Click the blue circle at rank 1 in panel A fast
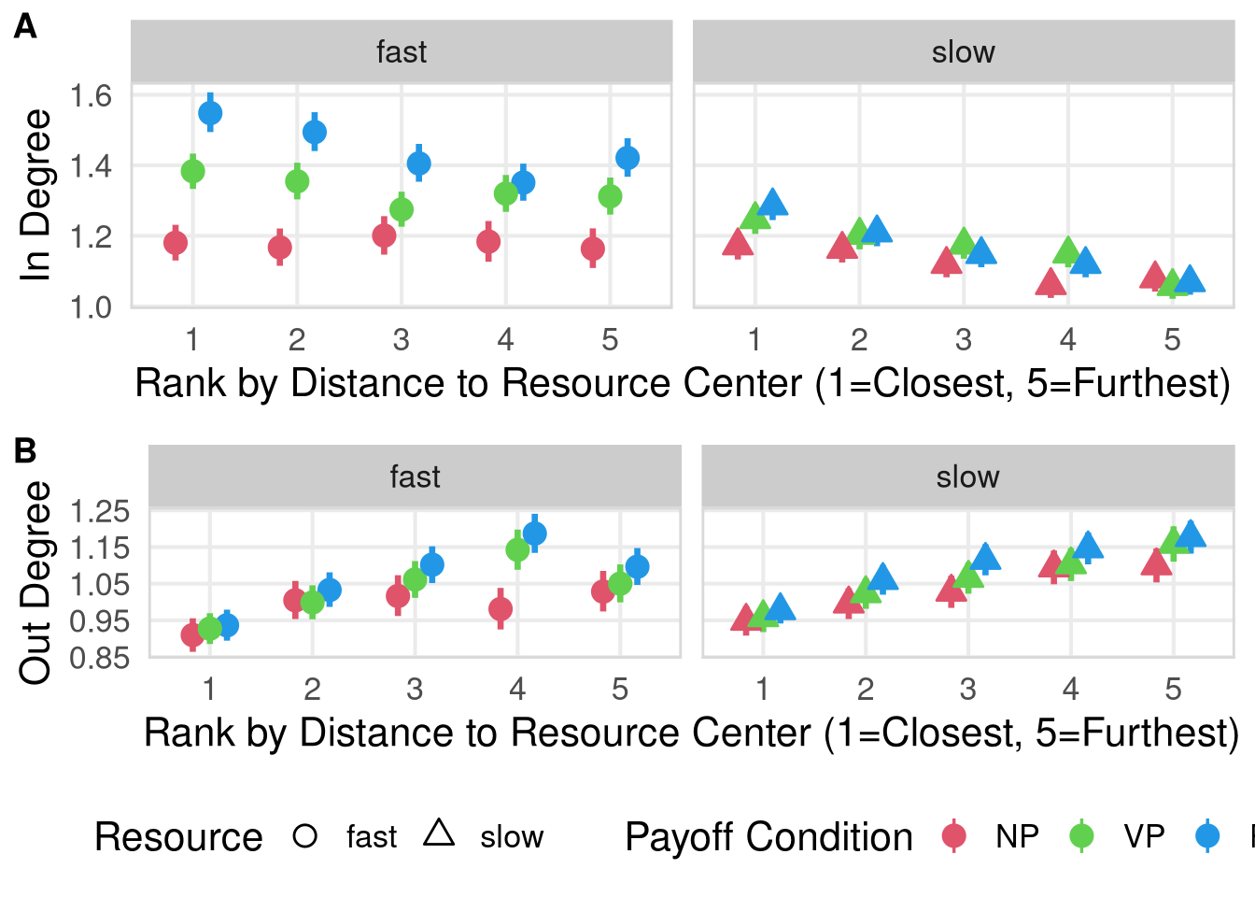(210, 113)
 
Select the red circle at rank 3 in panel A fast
(384, 235)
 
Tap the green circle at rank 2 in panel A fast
(297, 181)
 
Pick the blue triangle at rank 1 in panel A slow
(773, 203)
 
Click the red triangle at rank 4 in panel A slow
(1051, 282)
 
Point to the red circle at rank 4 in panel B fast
(501, 609)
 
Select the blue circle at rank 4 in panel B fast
(535, 534)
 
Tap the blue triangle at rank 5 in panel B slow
(1191, 534)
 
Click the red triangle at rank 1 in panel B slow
(745, 619)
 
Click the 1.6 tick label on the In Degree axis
(91, 95)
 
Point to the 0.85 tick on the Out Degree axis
(100, 658)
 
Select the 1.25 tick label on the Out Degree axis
(100, 511)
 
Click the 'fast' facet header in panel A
(402, 52)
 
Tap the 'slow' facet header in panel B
(967, 477)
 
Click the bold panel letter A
(25, 27)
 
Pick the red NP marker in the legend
(953, 835)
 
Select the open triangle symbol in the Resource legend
(439, 833)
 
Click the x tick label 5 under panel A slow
(1172, 339)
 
